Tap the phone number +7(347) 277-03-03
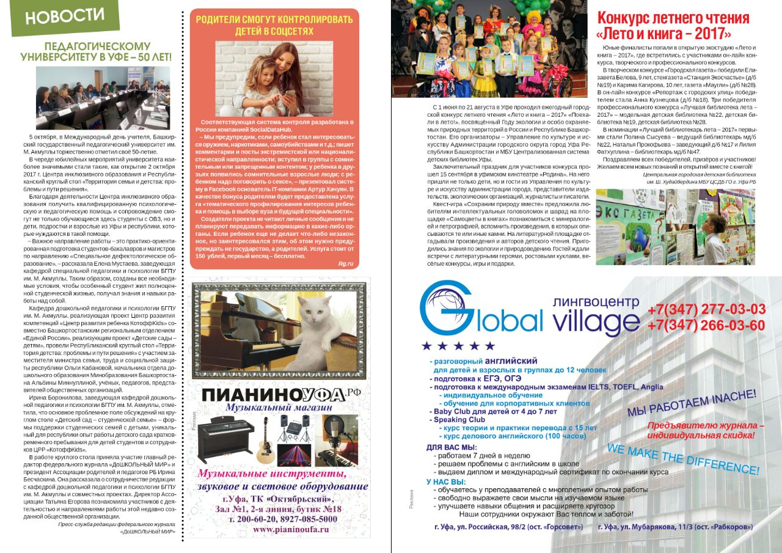point(706,309)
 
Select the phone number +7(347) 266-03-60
point(706,325)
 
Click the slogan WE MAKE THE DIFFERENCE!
point(682,459)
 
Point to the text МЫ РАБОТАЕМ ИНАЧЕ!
point(691,403)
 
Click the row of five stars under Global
point(458,346)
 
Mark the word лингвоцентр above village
point(595,301)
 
